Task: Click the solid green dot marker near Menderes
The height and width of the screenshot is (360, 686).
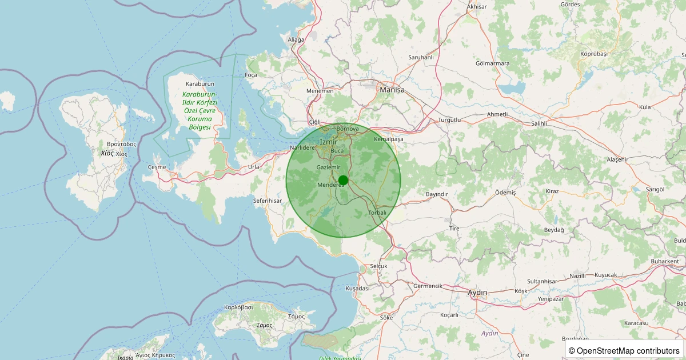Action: (343, 181)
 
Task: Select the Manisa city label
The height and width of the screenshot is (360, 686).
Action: (392, 90)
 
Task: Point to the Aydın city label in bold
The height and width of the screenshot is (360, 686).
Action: (477, 293)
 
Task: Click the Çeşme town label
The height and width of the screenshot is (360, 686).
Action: (157, 167)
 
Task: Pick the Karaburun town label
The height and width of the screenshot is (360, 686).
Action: (200, 83)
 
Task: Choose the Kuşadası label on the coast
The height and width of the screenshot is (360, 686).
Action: (358, 289)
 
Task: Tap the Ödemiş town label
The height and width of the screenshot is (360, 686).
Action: (505, 193)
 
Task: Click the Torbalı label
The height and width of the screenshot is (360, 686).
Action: (377, 213)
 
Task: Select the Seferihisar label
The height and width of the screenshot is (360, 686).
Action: (268, 201)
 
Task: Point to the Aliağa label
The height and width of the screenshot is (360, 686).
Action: (296, 39)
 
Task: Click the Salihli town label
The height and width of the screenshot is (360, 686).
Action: (539, 123)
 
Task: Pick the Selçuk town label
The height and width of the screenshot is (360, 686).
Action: (378, 266)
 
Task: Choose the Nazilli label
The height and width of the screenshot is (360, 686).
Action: (578, 275)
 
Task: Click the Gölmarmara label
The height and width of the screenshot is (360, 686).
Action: (492, 63)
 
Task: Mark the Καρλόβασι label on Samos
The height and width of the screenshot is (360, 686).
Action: (239, 307)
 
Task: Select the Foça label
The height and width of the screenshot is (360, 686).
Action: (251, 75)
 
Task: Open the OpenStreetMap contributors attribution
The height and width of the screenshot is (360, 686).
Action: (625, 350)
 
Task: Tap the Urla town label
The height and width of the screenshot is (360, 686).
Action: (254, 167)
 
